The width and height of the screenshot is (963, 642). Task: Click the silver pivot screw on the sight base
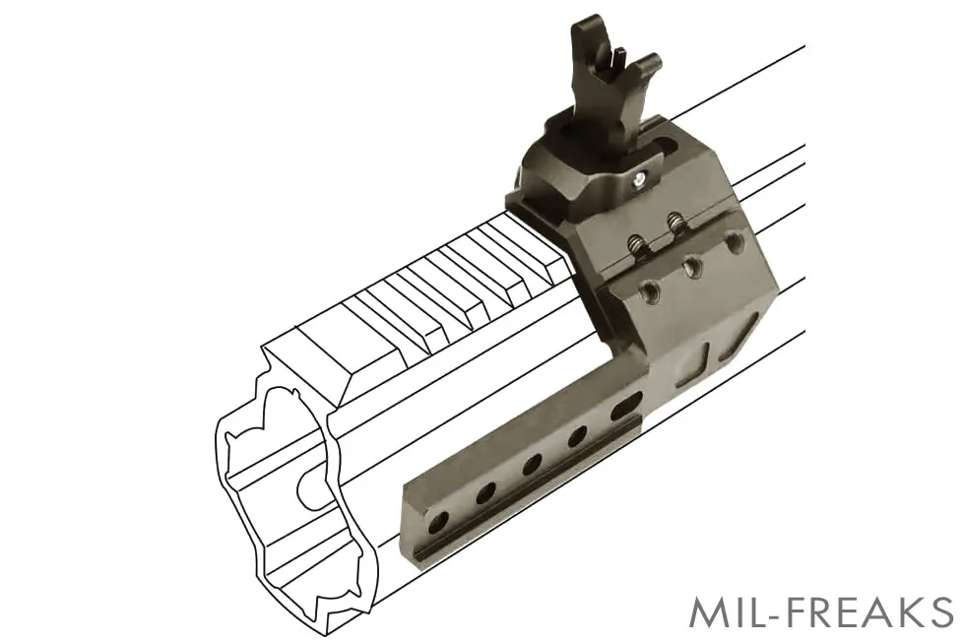pyautogui.click(x=640, y=179)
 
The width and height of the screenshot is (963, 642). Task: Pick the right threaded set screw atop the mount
pyautogui.click(x=674, y=221)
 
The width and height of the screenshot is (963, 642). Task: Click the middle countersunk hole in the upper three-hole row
pyautogui.click(x=692, y=266)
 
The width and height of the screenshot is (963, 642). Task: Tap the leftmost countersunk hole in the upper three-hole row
pyautogui.click(x=650, y=290)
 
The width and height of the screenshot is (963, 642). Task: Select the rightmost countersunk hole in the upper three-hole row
pyautogui.click(x=733, y=241)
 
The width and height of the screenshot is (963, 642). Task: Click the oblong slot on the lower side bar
pyautogui.click(x=627, y=408)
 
